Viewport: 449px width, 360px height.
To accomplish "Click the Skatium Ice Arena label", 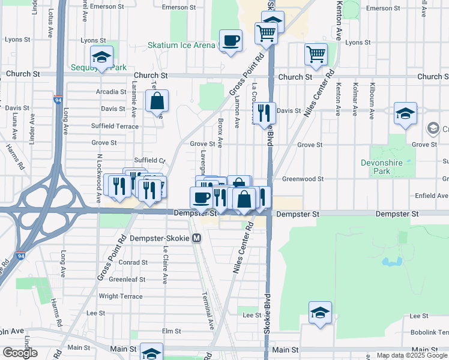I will [181, 46].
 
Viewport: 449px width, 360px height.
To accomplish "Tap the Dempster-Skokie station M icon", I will [197, 238].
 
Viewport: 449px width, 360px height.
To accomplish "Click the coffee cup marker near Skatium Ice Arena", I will [231, 41].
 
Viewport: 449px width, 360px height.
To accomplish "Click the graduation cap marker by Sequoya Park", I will [102, 58].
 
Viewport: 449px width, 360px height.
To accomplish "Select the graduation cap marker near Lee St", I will [321, 312].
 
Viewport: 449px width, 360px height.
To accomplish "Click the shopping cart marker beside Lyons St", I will [316, 55].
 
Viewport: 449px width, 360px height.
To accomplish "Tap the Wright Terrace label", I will [121, 296].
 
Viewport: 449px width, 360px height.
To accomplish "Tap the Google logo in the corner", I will [20, 353].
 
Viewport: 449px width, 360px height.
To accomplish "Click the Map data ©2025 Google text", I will [412, 355].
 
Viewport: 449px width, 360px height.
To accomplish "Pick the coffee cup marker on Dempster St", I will [202, 197].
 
